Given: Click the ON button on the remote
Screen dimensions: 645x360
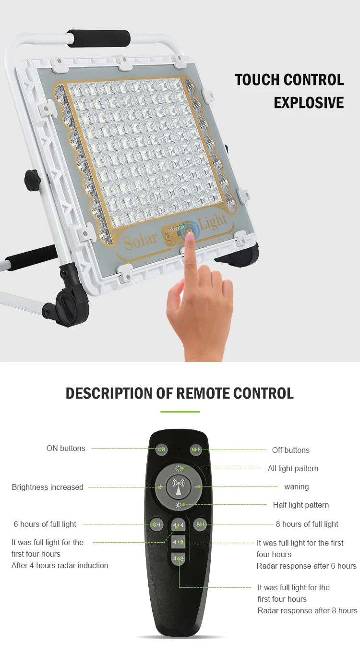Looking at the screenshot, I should pyautogui.click(x=162, y=450).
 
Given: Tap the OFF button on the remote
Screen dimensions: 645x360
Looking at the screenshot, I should pyautogui.click(x=196, y=450).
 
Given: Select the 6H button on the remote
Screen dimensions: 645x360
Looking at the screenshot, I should pyautogui.click(x=157, y=524).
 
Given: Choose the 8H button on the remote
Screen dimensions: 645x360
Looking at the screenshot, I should pyautogui.click(x=200, y=524).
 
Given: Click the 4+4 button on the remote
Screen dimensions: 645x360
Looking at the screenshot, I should pyautogui.click(x=179, y=525).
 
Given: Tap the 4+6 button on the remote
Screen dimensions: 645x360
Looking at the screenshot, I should pyautogui.click(x=179, y=542).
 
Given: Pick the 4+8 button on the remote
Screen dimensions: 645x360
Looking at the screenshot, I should pyautogui.click(x=179, y=559).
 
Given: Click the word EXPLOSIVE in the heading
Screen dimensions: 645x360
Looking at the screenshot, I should pyautogui.click(x=309, y=102).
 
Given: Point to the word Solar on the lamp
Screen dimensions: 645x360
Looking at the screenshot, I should pyautogui.click(x=141, y=240).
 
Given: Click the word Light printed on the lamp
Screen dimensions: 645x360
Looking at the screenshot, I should pyautogui.click(x=213, y=221).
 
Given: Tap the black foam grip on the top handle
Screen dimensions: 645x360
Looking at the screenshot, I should pyautogui.click(x=99, y=38).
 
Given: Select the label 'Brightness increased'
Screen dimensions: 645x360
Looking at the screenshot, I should pyautogui.click(x=48, y=487).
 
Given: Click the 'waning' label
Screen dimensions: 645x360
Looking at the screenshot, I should pyautogui.click(x=296, y=487).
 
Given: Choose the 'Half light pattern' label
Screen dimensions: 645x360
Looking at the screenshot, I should pyautogui.click(x=301, y=505).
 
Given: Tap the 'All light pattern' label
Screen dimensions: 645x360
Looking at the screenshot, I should pyautogui.click(x=293, y=468).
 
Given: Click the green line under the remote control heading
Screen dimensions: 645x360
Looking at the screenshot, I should pyautogui.click(x=180, y=412).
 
